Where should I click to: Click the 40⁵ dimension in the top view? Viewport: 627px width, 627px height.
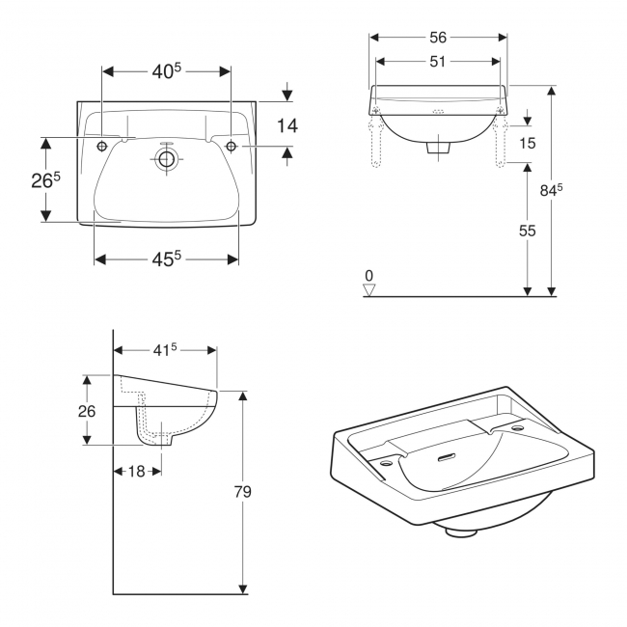pos(166,71)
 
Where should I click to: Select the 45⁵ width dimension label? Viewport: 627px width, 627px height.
pos(166,259)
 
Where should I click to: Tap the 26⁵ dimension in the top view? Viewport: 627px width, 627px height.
pos(44,181)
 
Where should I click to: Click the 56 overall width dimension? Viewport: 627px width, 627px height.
pos(438,38)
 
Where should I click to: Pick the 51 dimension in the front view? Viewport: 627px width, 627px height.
pos(438,63)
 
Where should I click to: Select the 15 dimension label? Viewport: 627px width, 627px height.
pos(526,143)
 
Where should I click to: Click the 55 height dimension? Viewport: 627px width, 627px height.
pos(526,232)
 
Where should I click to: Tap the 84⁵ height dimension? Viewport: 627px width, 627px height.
pos(551,191)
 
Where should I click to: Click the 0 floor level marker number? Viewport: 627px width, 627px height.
pos(368,276)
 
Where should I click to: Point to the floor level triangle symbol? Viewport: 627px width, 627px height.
pos(368,289)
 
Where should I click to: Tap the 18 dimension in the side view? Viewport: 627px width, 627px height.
pos(137,471)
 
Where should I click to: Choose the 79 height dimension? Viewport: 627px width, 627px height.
pos(242,492)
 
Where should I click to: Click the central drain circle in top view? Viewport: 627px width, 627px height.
pos(167,160)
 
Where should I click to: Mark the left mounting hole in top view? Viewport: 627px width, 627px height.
pos(102,146)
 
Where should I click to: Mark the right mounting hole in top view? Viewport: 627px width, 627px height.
pos(232,146)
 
